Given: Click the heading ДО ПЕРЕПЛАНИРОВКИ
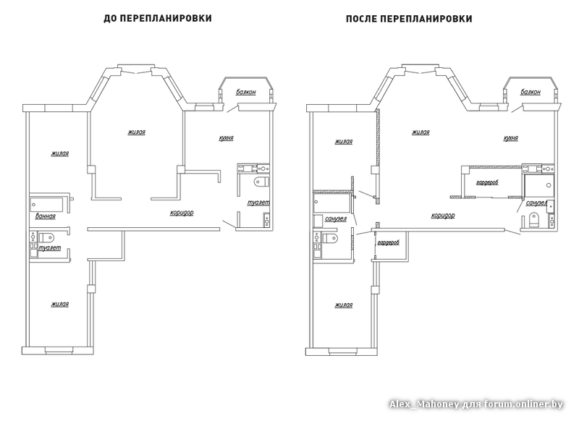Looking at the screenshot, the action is (x=158, y=18).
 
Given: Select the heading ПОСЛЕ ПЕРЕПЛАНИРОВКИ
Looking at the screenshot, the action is (x=409, y=19).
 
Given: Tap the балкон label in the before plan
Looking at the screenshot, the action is (x=245, y=93).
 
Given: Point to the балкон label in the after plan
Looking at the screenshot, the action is (x=531, y=93).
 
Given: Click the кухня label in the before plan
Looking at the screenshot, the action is (x=226, y=138).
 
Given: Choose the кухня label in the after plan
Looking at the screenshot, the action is (x=511, y=138).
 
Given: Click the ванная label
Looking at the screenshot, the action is (x=45, y=216).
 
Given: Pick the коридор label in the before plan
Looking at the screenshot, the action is (x=182, y=213).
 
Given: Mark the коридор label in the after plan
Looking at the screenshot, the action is (x=443, y=216).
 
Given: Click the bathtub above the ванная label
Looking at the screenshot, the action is (x=47, y=204).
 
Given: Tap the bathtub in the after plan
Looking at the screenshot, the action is (x=331, y=204).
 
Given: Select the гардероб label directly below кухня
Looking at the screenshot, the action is (x=487, y=182).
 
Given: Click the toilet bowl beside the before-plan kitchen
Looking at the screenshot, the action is (x=262, y=182).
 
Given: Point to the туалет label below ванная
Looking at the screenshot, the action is (x=49, y=248).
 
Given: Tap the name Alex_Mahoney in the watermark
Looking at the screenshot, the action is (x=424, y=404).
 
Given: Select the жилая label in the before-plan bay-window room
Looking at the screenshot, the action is (x=136, y=132).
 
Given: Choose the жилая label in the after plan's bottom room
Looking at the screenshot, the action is (x=343, y=305).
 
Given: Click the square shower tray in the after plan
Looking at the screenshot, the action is (x=539, y=185).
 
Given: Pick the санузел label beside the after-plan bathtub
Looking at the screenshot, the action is (x=336, y=218).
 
